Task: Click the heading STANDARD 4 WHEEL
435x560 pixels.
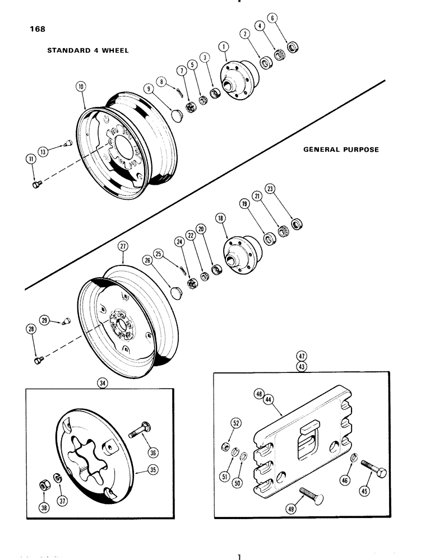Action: (88, 50)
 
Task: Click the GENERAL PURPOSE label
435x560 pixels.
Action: (341, 150)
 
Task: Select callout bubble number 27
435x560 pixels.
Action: (123, 246)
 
